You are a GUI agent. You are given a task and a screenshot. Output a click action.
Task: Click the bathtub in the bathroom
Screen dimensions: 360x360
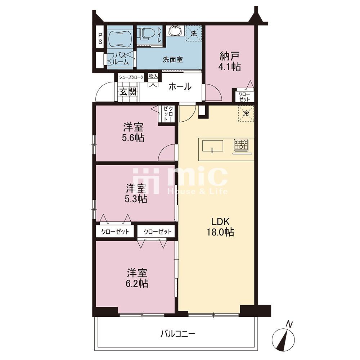point(120,39)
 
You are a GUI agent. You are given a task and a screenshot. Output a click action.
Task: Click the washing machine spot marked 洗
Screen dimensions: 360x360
point(194,33)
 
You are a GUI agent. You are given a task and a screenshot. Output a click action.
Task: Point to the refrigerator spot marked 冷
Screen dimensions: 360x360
point(246,113)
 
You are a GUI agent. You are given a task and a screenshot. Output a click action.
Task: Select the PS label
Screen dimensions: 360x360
point(100,39)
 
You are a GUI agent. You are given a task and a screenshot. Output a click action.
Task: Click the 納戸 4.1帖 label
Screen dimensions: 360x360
point(230,61)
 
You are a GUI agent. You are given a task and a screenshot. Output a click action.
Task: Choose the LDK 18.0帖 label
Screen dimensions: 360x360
point(220,227)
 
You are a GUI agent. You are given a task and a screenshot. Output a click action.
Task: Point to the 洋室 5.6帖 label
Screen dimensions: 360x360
point(134,132)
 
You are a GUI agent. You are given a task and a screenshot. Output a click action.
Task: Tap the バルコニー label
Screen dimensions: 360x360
point(178,334)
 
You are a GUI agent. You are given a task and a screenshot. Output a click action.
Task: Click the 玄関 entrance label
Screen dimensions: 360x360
point(128,92)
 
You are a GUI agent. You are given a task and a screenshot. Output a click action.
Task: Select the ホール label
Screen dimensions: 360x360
point(180,87)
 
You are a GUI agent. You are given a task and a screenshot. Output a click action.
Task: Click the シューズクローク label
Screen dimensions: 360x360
point(131,77)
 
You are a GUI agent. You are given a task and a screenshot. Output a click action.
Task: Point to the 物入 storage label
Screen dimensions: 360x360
point(153,76)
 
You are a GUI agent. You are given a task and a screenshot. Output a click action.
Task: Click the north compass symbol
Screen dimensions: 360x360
point(284,337)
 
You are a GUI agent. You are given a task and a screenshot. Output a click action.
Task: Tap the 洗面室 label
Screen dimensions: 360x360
point(173,60)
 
